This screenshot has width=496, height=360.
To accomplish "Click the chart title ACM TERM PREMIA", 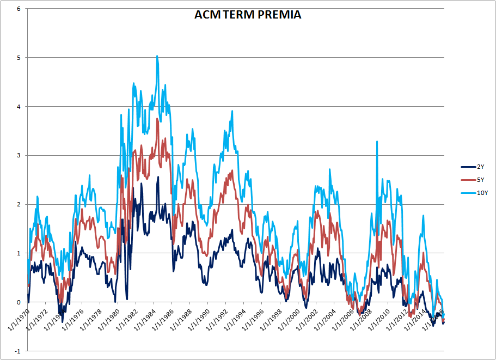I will [248, 15].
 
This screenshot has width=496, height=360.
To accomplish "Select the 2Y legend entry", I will [476, 167].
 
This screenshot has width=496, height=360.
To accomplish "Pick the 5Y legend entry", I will [476, 180].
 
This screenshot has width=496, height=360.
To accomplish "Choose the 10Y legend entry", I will [477, 193].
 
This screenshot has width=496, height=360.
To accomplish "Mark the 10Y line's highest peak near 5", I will [157, 56].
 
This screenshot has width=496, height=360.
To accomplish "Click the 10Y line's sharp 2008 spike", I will [377, 142].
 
